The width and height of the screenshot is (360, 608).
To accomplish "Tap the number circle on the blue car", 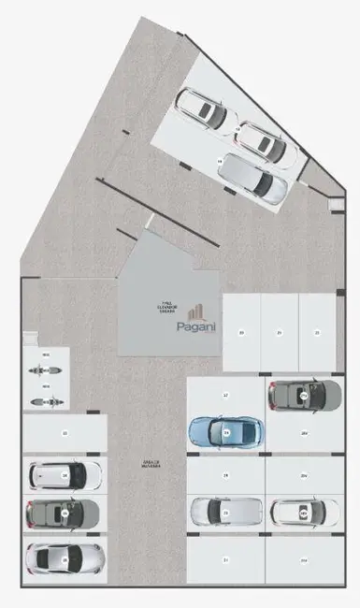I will pyautogui.click(x=225, y=433).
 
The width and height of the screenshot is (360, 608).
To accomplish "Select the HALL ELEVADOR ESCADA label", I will pyautogui.click(x=167, y=306).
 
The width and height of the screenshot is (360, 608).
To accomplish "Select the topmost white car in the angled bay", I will pyautogui.click(x=204, y=109).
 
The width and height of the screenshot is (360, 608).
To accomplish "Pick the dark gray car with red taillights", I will pyautogui.click(x=64, y=513).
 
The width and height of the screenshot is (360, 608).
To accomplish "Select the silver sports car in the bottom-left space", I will pyautogui.click(x=64, y=557).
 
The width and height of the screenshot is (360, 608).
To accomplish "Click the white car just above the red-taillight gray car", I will pyautogui.click(x=64, y=474).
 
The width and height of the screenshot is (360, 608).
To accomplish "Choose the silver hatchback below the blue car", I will pyautogui.click(x=225, y=511).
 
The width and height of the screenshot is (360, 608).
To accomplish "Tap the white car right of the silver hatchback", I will pyautogui.click(x=304, y=511).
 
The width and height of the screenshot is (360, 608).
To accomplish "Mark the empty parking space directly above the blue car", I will pyautogui.click(x=225, y=395).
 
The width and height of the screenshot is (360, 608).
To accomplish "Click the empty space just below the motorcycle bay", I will pyautogui.click(x=65, y=433).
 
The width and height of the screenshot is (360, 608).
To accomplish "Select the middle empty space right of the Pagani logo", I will pyautogui.click(x=279, y=332).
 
